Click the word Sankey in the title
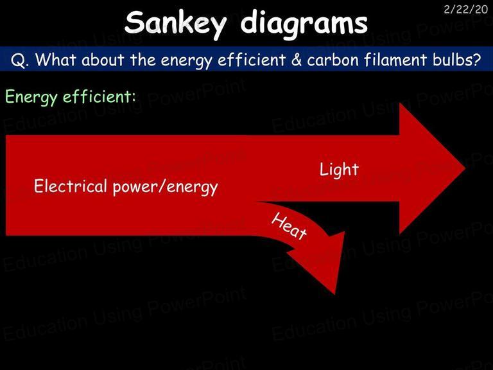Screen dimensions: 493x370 click(x=175, y=24)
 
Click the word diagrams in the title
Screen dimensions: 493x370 click(x=304, y=24)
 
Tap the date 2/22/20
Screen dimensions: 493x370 click(x=465, y=10)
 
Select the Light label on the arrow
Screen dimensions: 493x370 click(x=339, y=170)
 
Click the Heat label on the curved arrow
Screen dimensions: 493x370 click(x=289, y=226)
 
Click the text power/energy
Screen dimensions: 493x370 click(x=166, y=187)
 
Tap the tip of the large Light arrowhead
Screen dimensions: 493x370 click(x=465, y=168)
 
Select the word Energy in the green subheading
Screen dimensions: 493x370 click(x=31, y=97)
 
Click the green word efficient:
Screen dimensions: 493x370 click(x=99, y=96)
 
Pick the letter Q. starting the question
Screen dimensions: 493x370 click(x=19, y=60)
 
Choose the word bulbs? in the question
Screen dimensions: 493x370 click(x=456, y=59)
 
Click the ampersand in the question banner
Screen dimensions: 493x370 click(x=296, y=60)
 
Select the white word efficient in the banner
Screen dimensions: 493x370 click(x=252, y=59)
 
